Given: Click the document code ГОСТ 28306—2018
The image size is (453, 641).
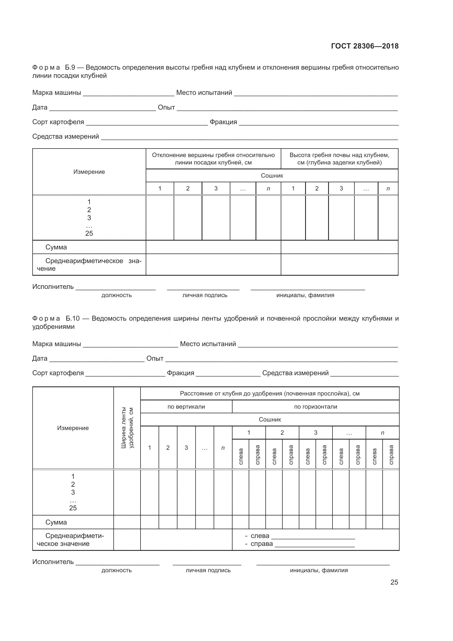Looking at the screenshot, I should point(365,46).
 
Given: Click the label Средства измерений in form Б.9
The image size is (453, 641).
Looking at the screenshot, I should point(65,136).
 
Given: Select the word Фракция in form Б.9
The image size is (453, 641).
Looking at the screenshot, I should point(223,122).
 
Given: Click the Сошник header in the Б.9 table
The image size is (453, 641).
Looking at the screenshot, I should point(272,176).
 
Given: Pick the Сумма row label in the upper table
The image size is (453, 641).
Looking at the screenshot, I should point(56,247).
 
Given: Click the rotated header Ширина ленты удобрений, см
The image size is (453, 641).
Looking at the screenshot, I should point(127,428).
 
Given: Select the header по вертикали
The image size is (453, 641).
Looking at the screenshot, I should point(186,407).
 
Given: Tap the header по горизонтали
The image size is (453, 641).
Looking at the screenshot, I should point(316,407).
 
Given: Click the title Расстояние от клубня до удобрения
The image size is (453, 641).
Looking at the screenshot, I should point(269,394).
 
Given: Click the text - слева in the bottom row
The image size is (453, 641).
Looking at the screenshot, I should point(257,536).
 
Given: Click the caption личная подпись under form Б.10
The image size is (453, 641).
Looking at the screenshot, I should point(208,570).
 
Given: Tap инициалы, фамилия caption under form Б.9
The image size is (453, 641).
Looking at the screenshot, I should point(305,295).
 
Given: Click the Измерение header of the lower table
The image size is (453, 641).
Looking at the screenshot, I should point(73,428).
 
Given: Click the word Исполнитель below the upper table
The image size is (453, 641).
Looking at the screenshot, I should point(53,287).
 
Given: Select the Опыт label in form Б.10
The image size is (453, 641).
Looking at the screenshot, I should point(155,358).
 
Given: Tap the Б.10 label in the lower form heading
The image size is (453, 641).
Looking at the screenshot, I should point(73,318).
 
